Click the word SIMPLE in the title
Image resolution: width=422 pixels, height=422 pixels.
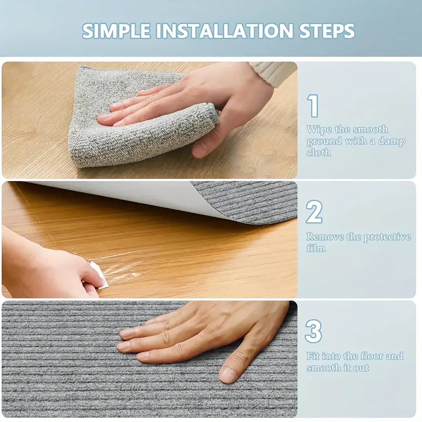coord(116,31)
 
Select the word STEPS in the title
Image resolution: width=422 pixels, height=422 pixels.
coord(327,31)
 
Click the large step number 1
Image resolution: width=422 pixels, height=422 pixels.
coord(313,106)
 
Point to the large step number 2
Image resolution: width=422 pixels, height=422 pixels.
coord(314,212)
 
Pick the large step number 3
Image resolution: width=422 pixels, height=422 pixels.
coord(314,331)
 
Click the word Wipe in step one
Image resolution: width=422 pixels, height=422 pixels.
coord(319,130)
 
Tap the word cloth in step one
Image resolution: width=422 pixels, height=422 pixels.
coord(319,152)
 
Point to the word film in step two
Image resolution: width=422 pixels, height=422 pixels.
coord(316,248)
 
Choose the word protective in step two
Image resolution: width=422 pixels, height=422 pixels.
coord(387,237)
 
